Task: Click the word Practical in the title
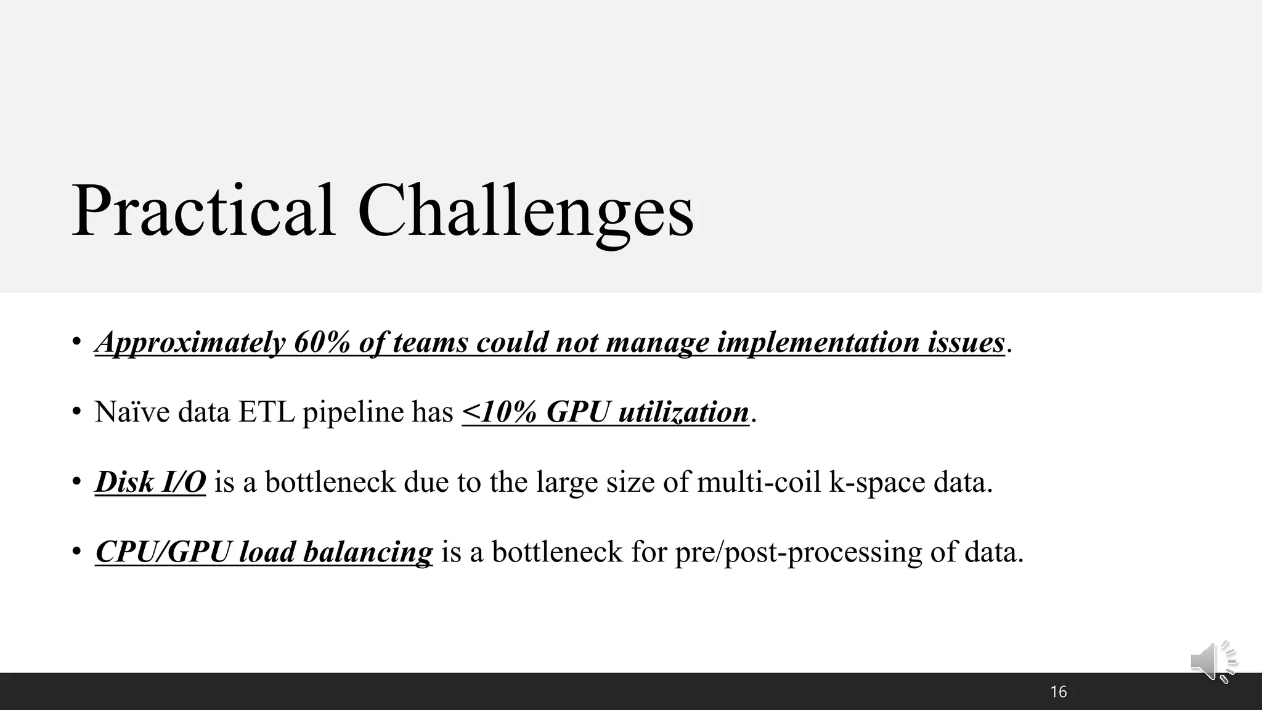[x=203, y=211]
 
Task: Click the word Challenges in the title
[x=525, y=211]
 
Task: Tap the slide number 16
[x=1059, y=692]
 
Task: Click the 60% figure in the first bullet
[x=322, y=343]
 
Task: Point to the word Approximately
[x=190, y=343]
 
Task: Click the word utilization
[x=683, y=412]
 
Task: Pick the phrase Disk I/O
[x=150, y=482]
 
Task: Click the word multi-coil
[x=759, y=482]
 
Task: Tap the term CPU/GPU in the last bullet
[x=163, y=552]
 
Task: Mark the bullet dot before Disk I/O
[x=76, y=481]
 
